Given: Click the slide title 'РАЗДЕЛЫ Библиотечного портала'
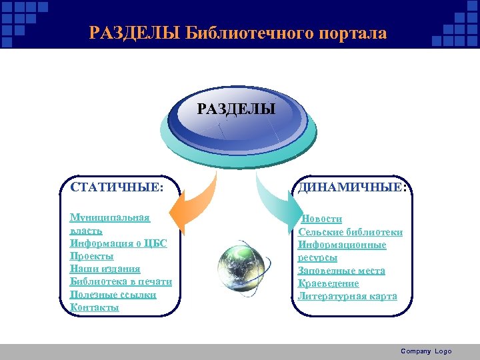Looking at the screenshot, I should point(237,33).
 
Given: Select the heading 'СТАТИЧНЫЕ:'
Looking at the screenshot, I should point(117,187).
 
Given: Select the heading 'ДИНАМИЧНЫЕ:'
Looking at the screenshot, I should point(352,188).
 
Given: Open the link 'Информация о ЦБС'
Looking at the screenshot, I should point(118,243).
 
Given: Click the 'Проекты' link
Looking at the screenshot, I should point(92,256).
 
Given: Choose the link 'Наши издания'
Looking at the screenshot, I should point(105,269).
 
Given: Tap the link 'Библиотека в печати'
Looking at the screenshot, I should point(121,281).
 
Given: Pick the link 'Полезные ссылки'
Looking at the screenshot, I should point(113,295).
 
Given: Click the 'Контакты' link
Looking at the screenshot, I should point(95,307).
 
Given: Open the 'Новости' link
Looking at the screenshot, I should point(321,219).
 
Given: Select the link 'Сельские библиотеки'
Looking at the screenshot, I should point(350,231).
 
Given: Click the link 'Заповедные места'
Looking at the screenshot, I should point(341,271).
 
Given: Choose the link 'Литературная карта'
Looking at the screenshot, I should point(347,296).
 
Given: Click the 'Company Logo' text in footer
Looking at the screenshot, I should point(426,351).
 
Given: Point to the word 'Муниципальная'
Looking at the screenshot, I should point(110,217).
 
